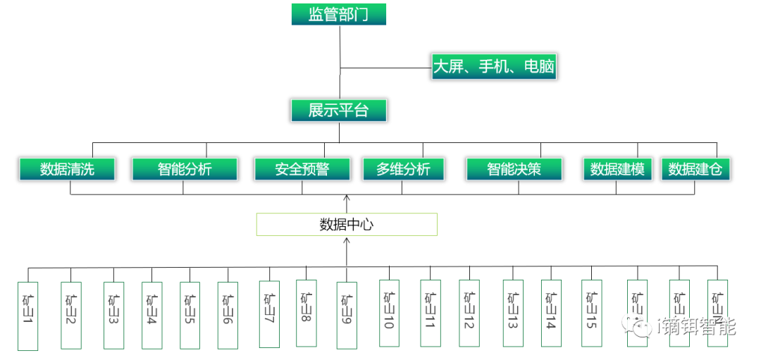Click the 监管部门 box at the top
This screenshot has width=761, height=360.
click(338, 14)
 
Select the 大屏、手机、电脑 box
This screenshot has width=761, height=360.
click(494, 68)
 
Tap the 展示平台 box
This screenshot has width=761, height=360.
click(338, 111)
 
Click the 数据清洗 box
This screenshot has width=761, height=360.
click(67, 169)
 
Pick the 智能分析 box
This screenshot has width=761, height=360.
click(184, 169)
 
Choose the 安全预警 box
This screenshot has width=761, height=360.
click(302, 169)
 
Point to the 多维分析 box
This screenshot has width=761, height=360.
click(404, 169)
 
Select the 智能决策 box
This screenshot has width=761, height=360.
click(514, 169)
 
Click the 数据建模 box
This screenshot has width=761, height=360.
click(617, 169)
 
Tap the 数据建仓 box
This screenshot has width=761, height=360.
click(695, 169)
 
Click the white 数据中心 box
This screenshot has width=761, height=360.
click(346, 225)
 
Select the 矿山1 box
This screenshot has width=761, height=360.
click(27, 316)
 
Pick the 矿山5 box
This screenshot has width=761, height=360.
click(190, 316)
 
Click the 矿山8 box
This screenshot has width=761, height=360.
click(306, 314)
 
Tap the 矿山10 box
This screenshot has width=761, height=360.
click(389, 314)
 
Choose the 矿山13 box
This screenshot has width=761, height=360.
click(513, 314)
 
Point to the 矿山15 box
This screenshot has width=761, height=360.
click(591, 314)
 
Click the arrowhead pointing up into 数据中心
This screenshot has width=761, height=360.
click(347, 241)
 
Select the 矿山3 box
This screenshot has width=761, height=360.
click(113, 316)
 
